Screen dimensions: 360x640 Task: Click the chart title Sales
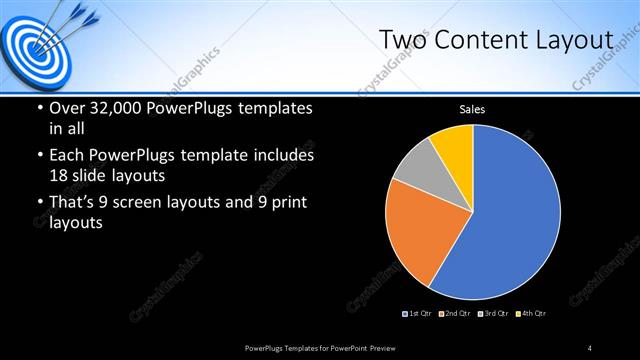point(472,109)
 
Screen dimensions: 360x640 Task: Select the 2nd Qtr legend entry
point(454,314)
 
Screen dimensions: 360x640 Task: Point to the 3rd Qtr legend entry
point(493,314)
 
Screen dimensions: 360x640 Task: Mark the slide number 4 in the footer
point(590,347)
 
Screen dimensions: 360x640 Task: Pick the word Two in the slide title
point(400,40)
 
